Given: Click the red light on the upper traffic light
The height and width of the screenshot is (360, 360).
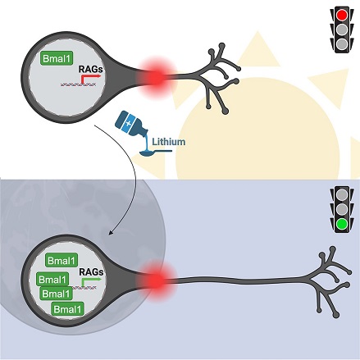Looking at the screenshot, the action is point(342,15).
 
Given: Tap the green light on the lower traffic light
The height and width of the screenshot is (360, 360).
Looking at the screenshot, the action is point(342,224).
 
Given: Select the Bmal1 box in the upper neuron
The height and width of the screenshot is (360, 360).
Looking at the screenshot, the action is point(57,58).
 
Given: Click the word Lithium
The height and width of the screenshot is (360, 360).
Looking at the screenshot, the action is point(169,142).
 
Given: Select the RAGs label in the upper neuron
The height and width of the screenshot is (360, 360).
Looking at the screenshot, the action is point(91,69).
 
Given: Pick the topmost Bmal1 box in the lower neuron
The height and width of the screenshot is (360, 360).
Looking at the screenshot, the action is point(62,261).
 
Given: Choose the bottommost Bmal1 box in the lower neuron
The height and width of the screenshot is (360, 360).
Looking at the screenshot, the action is point(67,309).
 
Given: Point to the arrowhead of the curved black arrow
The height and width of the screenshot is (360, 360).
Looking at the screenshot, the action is point(111,232).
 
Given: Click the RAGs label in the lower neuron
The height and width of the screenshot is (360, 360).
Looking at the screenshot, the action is point(91,272).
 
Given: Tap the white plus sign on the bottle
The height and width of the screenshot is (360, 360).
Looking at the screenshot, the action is point(128,123).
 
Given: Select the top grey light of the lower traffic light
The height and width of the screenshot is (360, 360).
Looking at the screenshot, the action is point(342,194).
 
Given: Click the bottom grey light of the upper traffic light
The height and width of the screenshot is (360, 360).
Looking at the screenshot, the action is point(342,44).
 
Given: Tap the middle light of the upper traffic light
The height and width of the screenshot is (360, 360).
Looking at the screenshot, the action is point(342,30).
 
